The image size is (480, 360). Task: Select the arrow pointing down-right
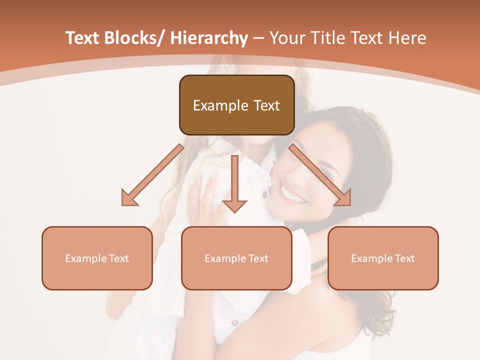point(320,175)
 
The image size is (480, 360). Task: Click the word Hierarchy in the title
point(209,38)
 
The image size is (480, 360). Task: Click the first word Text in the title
point(83,38)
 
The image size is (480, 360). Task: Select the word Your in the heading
point(288,38)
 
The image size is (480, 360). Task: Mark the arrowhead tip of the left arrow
point(123,204)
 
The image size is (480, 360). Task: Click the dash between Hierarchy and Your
point(258,38)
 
